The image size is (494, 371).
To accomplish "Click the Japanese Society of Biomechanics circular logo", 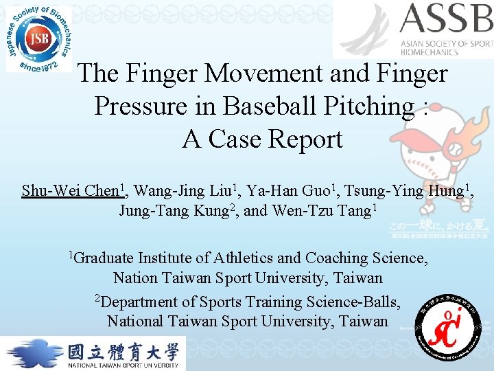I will (38, 38).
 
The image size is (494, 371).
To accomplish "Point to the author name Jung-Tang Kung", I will (176, 210).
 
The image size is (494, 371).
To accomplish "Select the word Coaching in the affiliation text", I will (337, 258).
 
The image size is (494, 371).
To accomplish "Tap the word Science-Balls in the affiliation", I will (353, 302).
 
